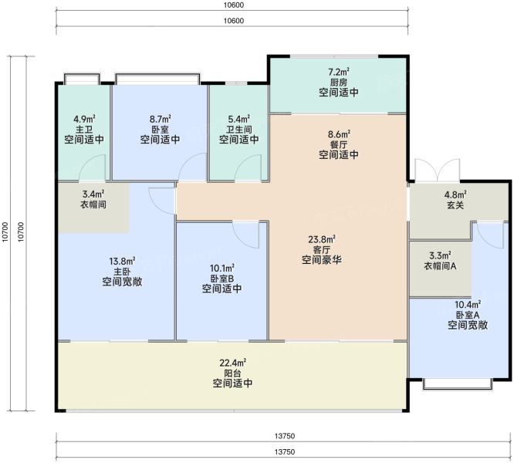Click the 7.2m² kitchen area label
339,72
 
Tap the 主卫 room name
84,129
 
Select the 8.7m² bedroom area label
161,119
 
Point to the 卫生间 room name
239,130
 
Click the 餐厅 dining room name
339,144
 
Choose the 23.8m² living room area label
322,239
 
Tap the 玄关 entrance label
455,205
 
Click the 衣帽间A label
440,265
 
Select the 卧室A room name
468,315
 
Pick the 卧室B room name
222,279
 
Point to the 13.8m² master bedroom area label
122,261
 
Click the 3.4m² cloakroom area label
93,194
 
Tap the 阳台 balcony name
232,373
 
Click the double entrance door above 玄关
438,170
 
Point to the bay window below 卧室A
458,384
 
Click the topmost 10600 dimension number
234,5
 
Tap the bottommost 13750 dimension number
285,452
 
